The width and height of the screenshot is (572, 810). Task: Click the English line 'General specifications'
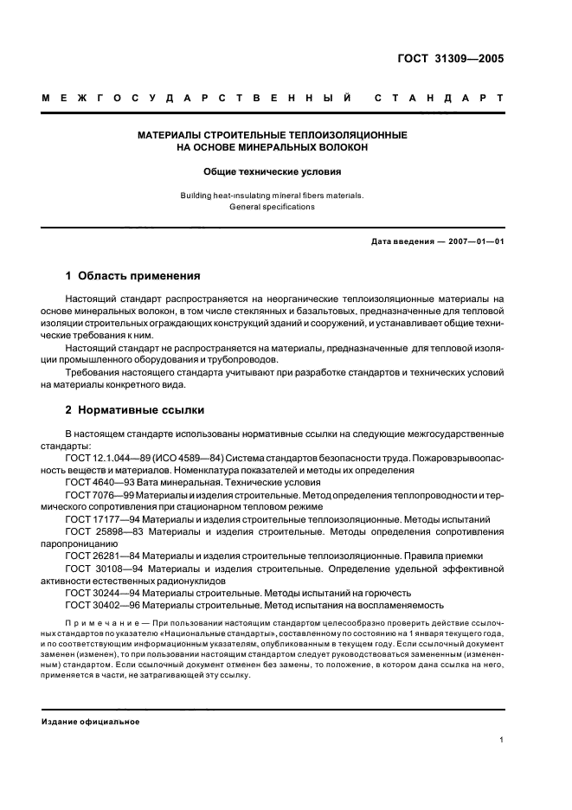point(272,208)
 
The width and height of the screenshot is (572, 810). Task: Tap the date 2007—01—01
point(474,241)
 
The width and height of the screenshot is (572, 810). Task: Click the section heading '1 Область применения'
point(133,277)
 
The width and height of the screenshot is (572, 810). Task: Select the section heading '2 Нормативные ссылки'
point(135,410)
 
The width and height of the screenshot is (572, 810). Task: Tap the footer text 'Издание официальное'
point(91,722)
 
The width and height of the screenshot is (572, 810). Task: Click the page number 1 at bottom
point(501,740)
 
